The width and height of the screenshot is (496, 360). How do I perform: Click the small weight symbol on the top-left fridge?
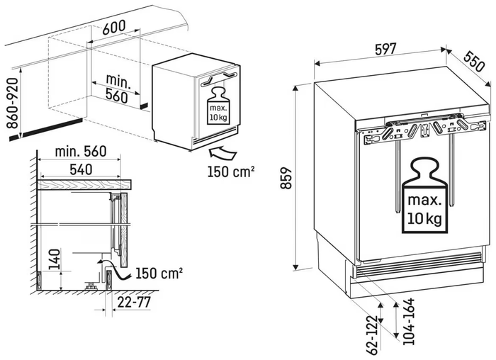pos(218,106)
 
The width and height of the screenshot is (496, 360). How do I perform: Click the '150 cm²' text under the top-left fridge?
pos(231,171)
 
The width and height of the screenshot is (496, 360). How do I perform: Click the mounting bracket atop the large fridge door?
pos(423,130)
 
